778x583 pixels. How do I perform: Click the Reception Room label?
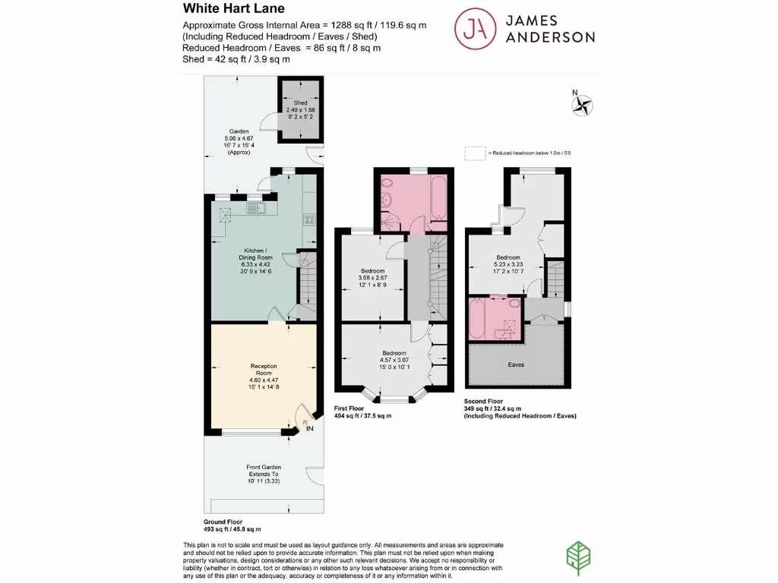[264, 370]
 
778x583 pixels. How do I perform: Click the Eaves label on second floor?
[515, 364]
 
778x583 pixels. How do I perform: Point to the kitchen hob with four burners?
[309, 219]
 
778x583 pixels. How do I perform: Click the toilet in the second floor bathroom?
[514, 304]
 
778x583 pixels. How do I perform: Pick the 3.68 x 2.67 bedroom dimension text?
[372, 279]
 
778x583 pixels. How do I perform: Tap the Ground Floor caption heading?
[222, 522]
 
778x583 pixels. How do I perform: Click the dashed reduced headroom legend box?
[475, 153]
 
